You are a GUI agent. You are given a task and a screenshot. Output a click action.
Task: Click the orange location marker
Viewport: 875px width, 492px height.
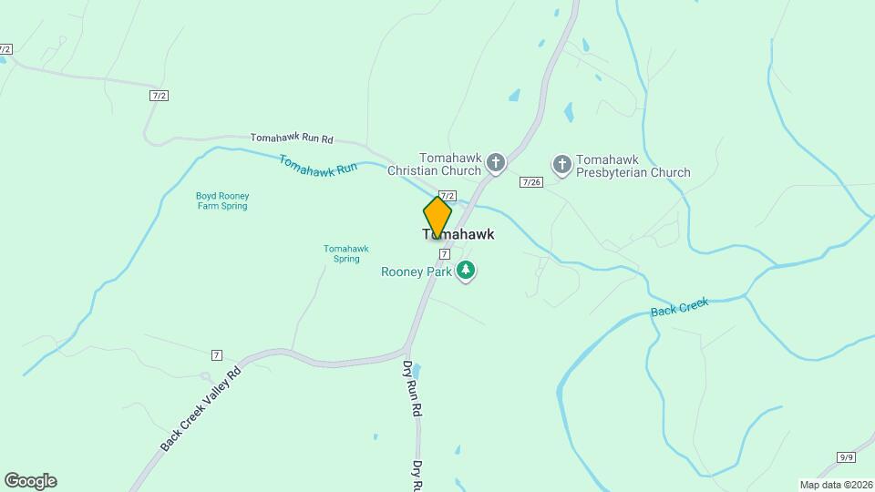click(x=437, y=217)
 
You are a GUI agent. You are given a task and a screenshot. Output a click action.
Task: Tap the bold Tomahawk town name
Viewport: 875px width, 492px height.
click(x=459, y=235)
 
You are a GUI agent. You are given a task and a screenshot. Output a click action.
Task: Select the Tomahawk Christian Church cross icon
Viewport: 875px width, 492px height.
click(x=496, y=163)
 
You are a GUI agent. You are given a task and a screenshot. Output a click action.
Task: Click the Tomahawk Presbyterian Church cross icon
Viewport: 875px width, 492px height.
click(x=562, y=164)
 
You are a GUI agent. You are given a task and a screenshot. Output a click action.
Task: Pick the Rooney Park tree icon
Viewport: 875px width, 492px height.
click(x=467, y=271)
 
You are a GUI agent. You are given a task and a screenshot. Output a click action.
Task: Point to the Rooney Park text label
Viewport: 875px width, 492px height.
click(x=416, y=271)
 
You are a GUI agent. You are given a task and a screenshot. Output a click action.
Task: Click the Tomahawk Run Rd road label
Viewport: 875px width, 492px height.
click(x=292, y=138)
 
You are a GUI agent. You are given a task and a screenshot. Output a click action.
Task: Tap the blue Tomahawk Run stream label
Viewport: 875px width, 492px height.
click(x=317, y=164)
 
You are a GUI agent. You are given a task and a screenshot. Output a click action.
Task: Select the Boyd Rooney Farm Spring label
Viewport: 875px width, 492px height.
click(x=221, y=200)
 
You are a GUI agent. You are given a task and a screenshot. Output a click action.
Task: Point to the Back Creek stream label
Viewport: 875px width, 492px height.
click(x=680, y=308)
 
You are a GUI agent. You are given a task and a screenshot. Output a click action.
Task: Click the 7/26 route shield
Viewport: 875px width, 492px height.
click(x=531, y=182)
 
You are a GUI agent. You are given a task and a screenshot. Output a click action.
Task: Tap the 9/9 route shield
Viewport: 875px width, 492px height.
click(x=847, y=456)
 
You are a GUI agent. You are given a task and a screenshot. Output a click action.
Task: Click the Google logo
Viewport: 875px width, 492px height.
click(x=30, y=481)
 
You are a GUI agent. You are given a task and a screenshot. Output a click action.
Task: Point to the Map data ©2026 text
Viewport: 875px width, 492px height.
click(x=835, y=485)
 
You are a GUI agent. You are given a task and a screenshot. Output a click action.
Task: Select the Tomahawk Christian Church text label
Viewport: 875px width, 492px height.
click(x=434, y=164)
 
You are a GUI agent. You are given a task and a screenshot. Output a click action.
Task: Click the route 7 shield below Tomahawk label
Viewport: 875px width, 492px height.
click(x=444, y=253)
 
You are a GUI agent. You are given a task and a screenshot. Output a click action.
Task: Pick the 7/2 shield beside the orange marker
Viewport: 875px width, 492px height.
click(x=448, y=195)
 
